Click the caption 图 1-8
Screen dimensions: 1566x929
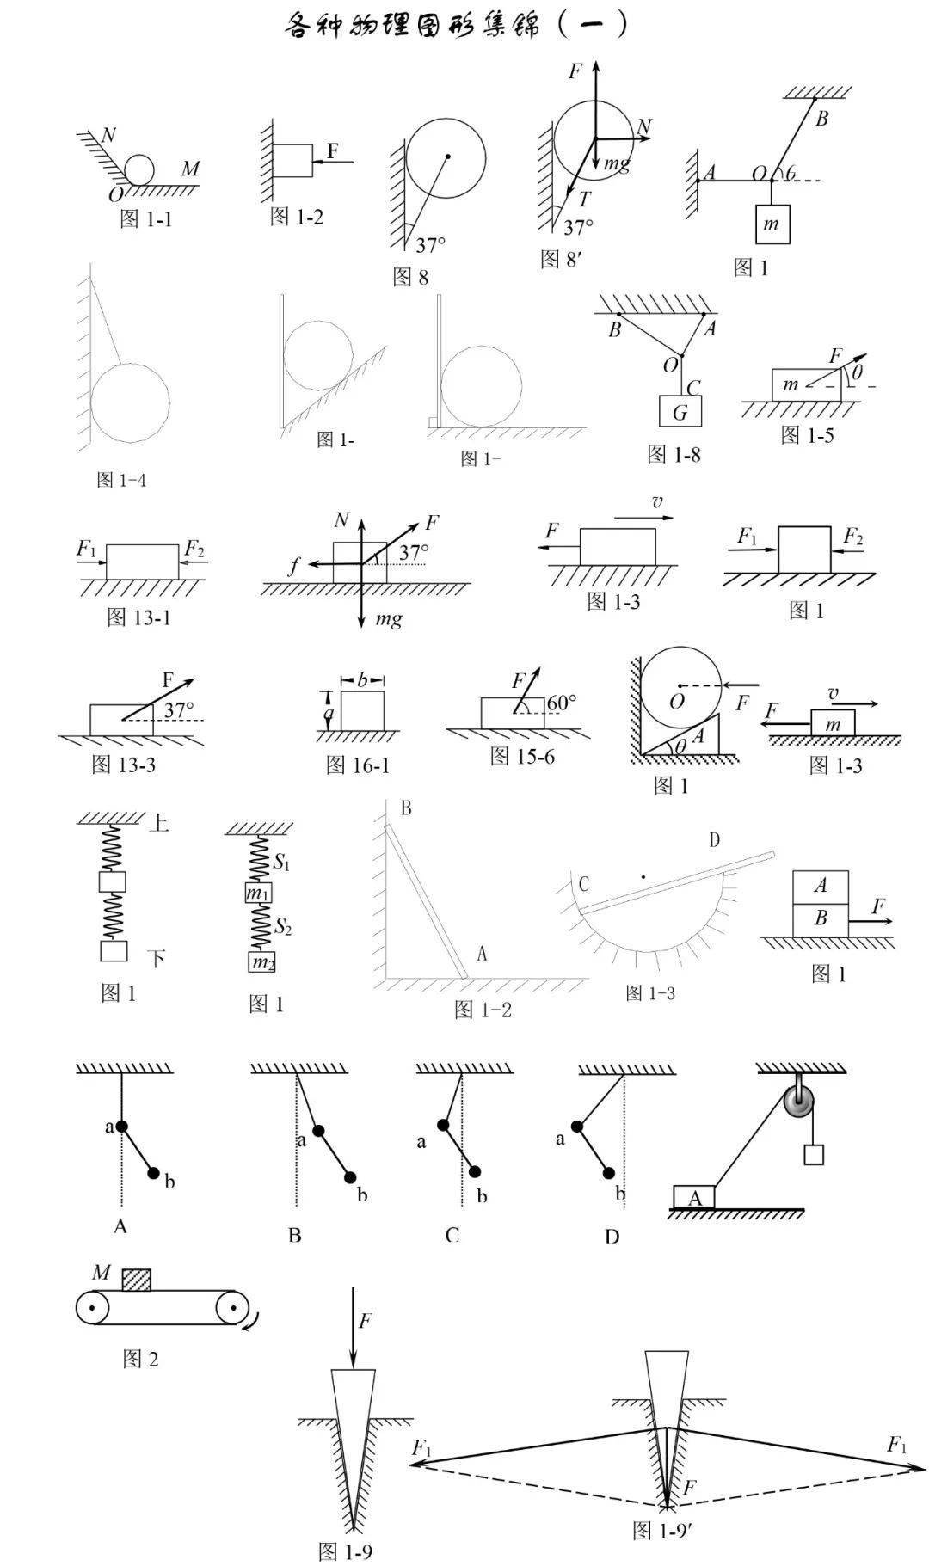(x=674, y=455)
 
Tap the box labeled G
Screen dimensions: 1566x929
(x=680, y=412)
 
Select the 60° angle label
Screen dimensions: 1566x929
(x=562, y=703)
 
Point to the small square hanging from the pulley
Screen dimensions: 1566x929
(x=814, y=1154)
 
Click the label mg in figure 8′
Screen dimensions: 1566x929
(x=617, y=163)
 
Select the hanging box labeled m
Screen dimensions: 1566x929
(x=772, y=225)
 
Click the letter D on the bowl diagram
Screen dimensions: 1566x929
(x=715, y=840)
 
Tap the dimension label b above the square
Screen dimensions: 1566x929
(x=362, y=680)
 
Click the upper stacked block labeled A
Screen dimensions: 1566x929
(x=821, y=886)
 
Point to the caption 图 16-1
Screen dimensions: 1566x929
(x=358, y=765)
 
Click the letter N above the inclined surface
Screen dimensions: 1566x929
(x=108, y=135)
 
